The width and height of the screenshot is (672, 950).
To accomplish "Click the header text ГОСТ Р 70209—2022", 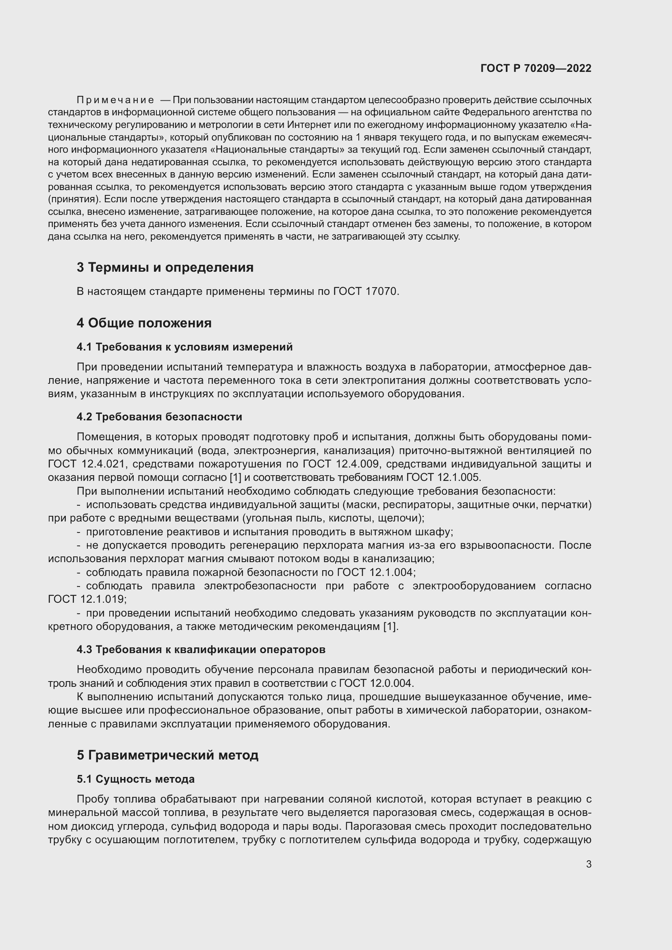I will (x=536, y=68).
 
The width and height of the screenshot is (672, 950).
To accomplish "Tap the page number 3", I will (x=588, y=864).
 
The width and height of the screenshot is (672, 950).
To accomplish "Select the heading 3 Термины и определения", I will (x=165, y=267).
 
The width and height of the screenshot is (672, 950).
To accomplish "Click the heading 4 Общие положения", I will (x=143, y=323).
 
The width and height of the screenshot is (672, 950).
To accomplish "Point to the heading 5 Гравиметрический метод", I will (x=167, y=755).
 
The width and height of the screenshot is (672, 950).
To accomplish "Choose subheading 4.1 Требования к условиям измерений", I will (x=184, y=347).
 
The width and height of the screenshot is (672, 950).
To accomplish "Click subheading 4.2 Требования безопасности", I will (x=159, y=417).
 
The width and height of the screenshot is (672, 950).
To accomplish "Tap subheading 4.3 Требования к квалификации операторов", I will (x=201, y=649).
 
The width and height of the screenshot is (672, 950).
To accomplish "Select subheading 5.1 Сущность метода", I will (x=135, y=779).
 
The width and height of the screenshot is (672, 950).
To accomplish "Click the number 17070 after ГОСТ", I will (x=381, y=291).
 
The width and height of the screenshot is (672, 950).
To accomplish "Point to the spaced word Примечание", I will (x=115, y=100).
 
